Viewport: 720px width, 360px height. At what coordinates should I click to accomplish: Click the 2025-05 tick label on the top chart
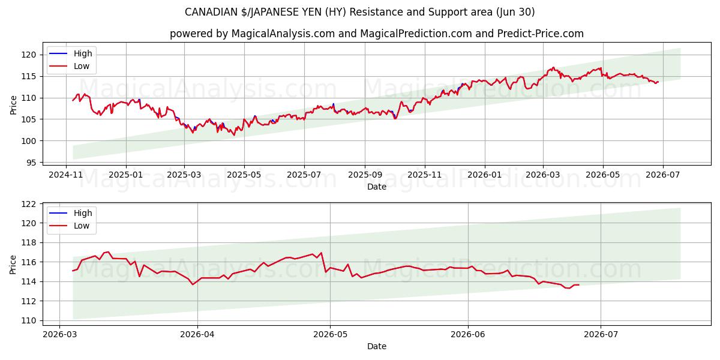coord(244,175)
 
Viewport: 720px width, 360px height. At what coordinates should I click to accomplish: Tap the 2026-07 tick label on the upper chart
coord(663,175)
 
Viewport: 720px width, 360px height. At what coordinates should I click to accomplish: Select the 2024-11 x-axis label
coord(66,175)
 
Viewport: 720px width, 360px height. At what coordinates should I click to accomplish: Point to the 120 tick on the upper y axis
coord(29,55)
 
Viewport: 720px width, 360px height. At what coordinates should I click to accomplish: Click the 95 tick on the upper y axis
coord(31,163)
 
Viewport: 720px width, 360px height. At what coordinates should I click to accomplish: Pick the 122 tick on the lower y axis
coord(29,204)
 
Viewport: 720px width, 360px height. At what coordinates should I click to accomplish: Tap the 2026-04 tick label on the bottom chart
coord(197,335)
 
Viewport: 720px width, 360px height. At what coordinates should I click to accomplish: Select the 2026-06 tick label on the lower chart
coord(468,335)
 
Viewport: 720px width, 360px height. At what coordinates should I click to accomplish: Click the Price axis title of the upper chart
coord(13,105)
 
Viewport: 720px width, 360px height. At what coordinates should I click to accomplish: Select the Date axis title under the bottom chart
coord(377,346)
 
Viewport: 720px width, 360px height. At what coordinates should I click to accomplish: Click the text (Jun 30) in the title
coord(515,12)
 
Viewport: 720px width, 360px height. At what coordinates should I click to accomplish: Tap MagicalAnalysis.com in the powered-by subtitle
coord(283,34)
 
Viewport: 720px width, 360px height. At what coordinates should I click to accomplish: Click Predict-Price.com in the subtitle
coord(541,34)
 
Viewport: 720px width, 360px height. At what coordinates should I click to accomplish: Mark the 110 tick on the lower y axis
coord(29,321)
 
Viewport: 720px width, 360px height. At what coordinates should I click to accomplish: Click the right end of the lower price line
coord(579,285)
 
